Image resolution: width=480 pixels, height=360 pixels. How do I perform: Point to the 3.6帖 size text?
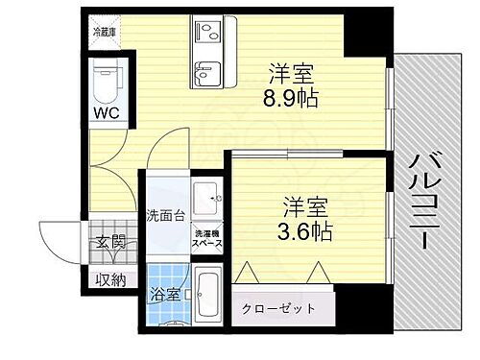(x=305, y=230)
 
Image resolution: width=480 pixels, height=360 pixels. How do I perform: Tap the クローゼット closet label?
(x=285, y=308)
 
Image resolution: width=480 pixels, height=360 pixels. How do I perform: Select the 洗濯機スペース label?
(x=208, y=239)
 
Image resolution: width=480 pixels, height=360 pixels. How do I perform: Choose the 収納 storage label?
(x=109, y=280)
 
